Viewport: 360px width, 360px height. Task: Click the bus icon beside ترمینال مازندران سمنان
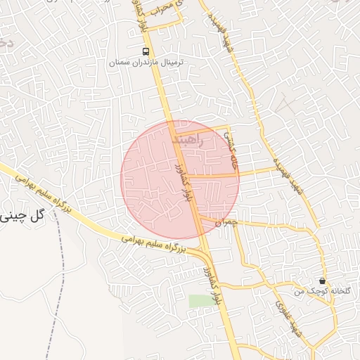[146, 51]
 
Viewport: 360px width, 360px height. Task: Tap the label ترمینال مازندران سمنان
[146, 63]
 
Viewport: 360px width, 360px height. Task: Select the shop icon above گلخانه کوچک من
[322, 281]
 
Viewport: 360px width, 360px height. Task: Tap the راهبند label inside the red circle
[187, 139]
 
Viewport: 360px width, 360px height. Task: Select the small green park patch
[200, 301]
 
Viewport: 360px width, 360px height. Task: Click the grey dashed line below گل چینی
[55, 295]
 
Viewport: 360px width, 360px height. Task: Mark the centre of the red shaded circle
[180, 179]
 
